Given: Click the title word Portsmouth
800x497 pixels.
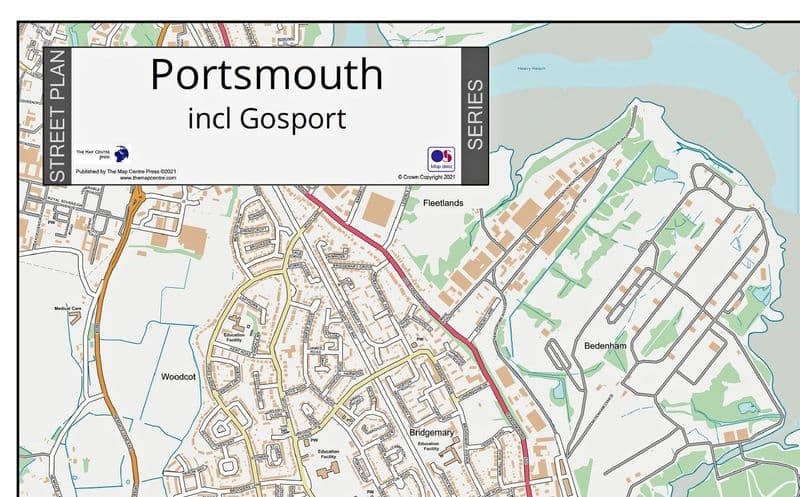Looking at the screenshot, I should [266, 75].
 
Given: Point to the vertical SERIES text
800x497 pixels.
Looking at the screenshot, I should [475, 115].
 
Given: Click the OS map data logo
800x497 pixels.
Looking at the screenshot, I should [441, 160].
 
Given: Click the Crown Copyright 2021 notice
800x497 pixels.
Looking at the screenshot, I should [426, 177].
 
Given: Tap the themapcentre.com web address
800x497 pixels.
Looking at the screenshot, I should [141, 178].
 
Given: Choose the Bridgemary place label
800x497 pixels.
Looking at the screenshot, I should [432, 432].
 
